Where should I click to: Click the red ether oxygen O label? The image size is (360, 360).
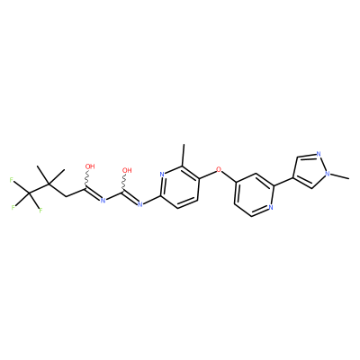click(x=219, y=170)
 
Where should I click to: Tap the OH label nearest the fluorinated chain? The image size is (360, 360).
click(x=90, y=166)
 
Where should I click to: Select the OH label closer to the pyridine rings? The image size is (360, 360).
click(x=127, y=170)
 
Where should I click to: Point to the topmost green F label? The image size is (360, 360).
click(x=12, y=180)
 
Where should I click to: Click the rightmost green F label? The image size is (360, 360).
click(x=40, y=211)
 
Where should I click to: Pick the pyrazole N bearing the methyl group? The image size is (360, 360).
click(x=328, y=173)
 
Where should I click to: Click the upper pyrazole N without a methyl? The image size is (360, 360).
click(x=319, y=155)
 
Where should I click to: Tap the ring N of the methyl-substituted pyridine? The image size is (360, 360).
click(x=162, y=175)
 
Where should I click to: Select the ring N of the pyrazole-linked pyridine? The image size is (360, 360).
click(x=271, y=207)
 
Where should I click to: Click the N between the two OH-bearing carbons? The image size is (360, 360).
click(x=103, y=200)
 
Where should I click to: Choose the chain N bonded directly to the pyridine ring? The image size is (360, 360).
click(x=139, y=204)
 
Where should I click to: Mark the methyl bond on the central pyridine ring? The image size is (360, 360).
click(x=184, y=155)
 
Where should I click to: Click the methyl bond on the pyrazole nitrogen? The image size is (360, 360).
click(x=340, y=176)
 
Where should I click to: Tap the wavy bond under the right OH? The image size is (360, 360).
click(x=124, y=183)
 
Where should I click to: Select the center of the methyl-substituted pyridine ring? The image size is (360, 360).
click(x=180, y=186)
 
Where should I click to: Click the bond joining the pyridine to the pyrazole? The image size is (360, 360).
click(x=283, y=182)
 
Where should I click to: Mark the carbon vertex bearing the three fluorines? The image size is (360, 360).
click(x=30, y=193)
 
